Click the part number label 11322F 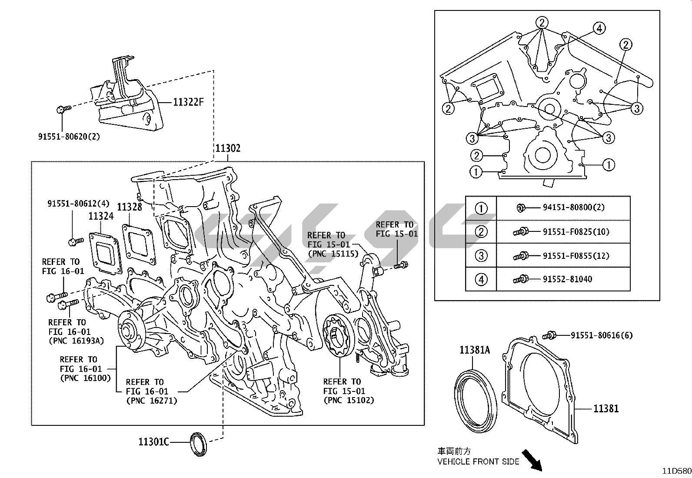pyautogui.click(x=188, y=102)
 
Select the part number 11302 pyautogui.click(x=228, y=148)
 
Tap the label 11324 pyautogui.click(x=101, y=216)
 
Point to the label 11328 pyautogui.click(x=129, y=207)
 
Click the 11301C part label pyautogui.click(x=153, y=442)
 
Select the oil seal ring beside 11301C pyautogui.click(x=199, y=444)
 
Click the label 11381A pyautogui.click(x=475, y=350)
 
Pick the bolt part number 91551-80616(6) pyautogui.click(x=602, y=335)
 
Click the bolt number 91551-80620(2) pyautogui.click(x=69, y=137)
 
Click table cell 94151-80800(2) pyautogui.click(x=573, y=207)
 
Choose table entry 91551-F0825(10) pyautogui.click(x=576, y=232)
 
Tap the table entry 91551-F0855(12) pyautogui.click(x=576, y=256)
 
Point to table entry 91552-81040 pyautogui.click(x=567, y=279)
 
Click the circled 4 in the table pyautogui.click(x=481, y=279)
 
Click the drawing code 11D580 pyautogui.click(x=676, y=471)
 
